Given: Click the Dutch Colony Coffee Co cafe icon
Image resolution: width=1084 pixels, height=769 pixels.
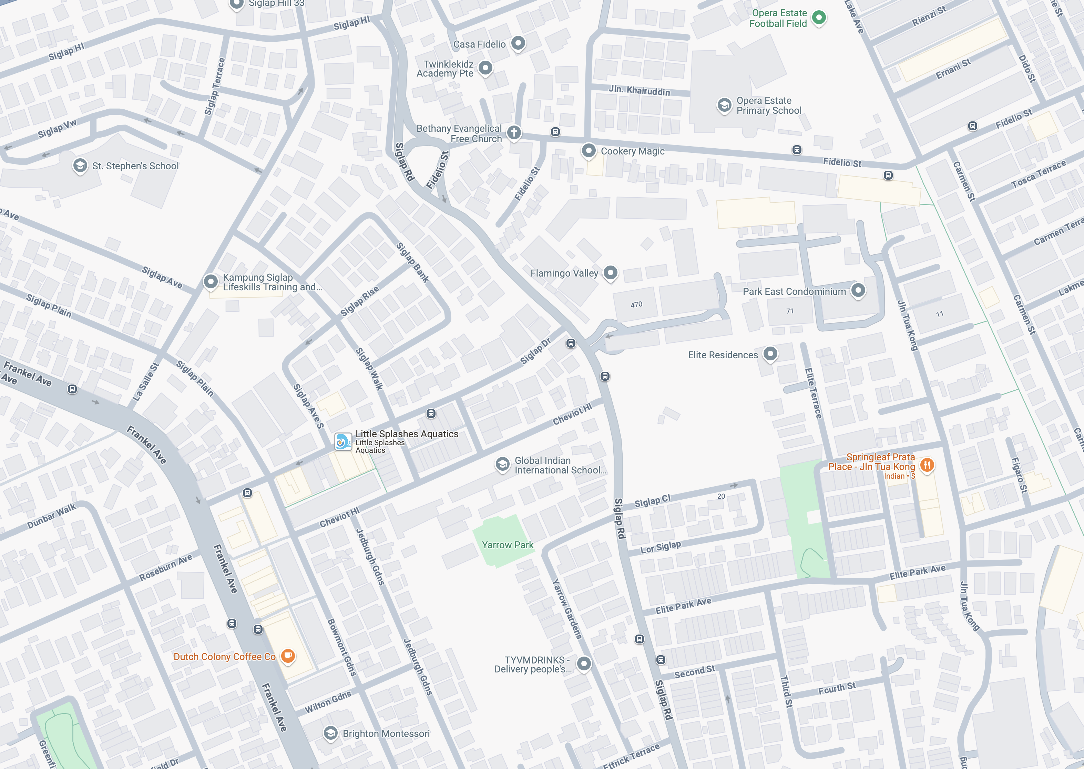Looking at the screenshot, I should point(288,656).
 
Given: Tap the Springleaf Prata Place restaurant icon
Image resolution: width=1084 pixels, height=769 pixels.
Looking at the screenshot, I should point(927,465).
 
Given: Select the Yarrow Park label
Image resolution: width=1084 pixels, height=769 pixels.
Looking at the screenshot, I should point(507,545).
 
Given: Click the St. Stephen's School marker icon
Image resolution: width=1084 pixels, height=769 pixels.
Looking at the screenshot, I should point(80,166).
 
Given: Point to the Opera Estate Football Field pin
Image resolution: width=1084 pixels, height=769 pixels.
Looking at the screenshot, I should point(819,18).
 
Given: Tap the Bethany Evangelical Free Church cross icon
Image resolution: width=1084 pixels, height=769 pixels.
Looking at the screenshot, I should point(514,132).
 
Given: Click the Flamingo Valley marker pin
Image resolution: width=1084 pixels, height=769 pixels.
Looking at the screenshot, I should point(610,273).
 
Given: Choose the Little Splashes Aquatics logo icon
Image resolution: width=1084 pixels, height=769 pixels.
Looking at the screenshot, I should point(342,441).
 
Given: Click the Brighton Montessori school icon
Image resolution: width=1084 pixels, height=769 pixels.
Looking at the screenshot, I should point(330,733).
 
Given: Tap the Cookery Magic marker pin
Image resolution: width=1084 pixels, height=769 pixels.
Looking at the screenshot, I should point(588,151).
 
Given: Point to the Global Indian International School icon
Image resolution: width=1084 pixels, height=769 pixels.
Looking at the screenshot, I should point(502,464).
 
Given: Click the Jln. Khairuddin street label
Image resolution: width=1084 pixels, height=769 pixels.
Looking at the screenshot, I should point(639,90).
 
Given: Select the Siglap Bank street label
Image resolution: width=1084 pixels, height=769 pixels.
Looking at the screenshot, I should point(412,262).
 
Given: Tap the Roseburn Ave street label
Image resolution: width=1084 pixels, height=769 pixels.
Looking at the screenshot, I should point(166,567).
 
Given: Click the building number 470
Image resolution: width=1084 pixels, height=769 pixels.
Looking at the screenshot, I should point(636,304).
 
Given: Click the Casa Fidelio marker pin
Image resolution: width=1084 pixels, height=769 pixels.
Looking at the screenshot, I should point(518,43).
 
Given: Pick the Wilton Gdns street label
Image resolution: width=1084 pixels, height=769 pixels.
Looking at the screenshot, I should point(328,702).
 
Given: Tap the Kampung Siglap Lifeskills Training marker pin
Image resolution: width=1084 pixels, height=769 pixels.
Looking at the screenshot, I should point(211,281).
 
